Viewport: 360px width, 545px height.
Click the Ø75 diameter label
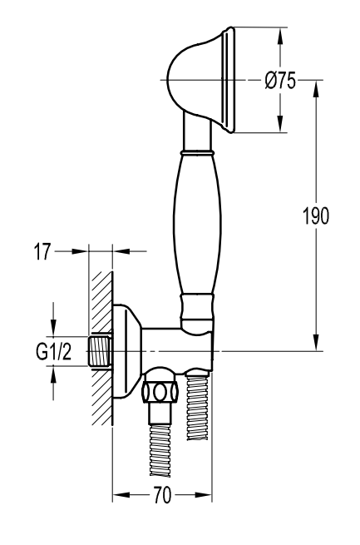pos(280,80)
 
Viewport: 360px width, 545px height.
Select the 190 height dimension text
pos(316,216)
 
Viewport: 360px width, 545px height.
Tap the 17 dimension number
pos(42,251)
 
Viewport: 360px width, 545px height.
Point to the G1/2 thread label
pos(54,351)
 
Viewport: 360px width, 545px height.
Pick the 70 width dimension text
pos(162,495)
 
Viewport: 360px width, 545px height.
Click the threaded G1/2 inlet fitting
pos(99,351)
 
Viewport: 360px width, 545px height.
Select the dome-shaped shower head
pos(200,80)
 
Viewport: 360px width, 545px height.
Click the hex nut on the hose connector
pos(160,392)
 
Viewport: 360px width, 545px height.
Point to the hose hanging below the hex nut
pos(160,449)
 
